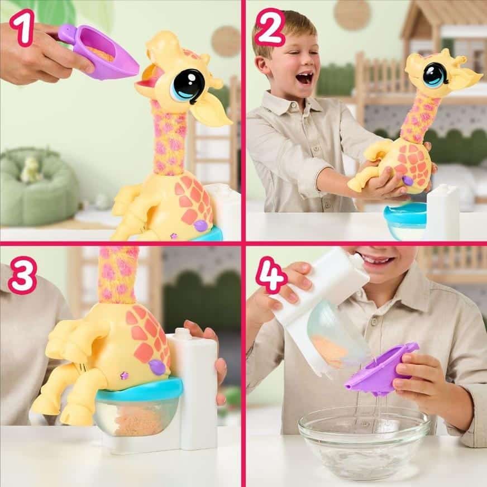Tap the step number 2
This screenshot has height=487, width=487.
(x=270, y=28)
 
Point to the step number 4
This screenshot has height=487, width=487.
(x=270, y=278)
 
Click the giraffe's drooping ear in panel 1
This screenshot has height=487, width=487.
(x=211, y=111)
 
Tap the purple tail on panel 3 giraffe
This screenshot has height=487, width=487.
(x=157, y=367)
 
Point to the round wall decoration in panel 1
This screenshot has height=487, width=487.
(x=227, y=42)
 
